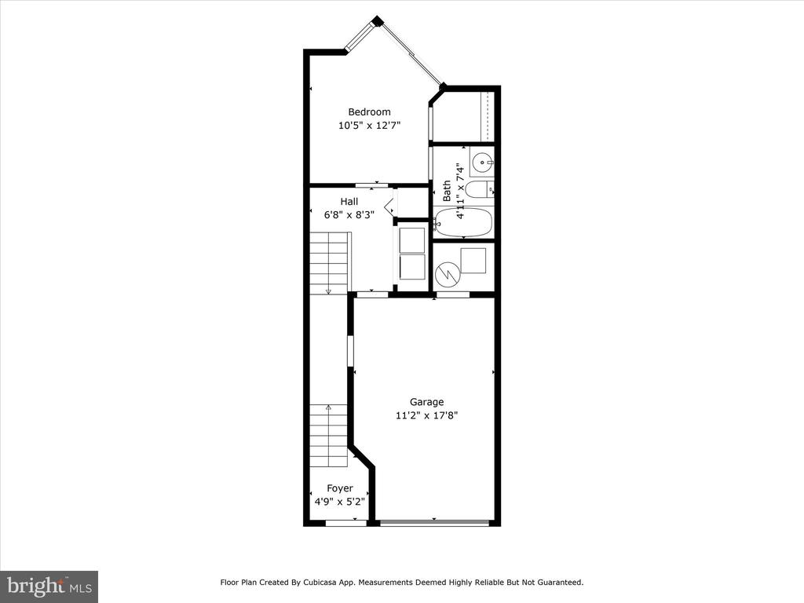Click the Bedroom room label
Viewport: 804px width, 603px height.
coord(369,111)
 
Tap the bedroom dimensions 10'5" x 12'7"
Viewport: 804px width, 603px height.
coord(369,125)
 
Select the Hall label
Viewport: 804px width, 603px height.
coord(349,202)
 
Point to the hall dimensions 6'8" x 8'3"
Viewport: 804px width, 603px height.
coord(349,215)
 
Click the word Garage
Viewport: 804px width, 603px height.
coord(426,402)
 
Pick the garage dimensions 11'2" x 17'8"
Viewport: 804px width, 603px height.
coord(426,415)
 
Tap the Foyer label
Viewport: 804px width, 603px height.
coord(340,488)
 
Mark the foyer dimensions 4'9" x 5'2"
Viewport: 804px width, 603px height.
coord(340,502)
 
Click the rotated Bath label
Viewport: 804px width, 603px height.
coord(447,191)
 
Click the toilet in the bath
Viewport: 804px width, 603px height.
coord(480,190)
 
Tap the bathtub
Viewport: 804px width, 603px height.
coord(463,222)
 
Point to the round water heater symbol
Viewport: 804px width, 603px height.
coord(448,274)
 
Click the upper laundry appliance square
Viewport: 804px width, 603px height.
coord(412,240)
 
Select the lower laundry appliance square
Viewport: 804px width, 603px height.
coord(412,267)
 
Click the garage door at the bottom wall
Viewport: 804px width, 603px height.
coord(435,522)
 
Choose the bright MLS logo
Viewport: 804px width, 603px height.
coord(49,587)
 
